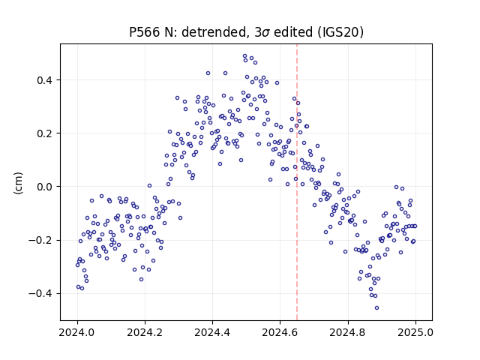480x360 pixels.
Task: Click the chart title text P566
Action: coord(145,32)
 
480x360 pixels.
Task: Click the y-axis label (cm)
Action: coord(18,183)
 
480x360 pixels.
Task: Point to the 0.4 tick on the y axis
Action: coord(44,80)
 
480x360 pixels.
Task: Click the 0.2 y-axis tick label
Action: coord(44,133)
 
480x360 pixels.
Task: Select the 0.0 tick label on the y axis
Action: coord(44,187)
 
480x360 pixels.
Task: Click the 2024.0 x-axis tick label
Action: coord(77,332)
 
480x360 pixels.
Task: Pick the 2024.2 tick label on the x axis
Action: coord(145,332)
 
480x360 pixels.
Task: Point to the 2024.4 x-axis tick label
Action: coord(212,332)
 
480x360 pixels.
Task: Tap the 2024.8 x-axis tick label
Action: coord(348,332)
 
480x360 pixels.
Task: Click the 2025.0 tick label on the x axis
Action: coord(415,332)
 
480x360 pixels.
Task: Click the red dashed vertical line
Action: coord(297,182)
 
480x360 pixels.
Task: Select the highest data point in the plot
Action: coord(244,56)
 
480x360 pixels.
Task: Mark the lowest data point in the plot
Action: coord(376,307)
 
